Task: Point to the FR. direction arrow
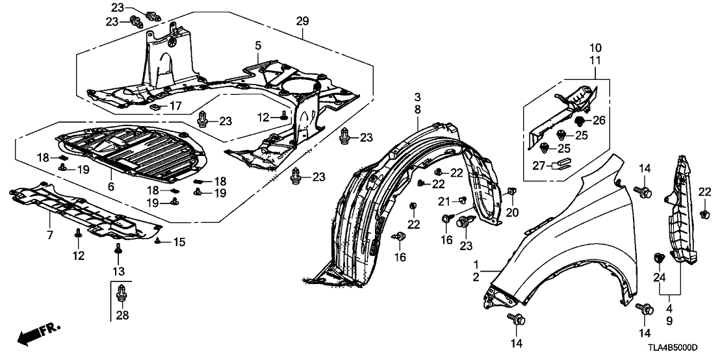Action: [36, 335]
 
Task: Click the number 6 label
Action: [111, 186]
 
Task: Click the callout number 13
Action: [118, 270]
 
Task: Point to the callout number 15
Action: [178, 242]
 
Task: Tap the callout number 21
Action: [444, 200]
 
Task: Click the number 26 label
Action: [599, 120]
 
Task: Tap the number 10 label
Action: [596, 47]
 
